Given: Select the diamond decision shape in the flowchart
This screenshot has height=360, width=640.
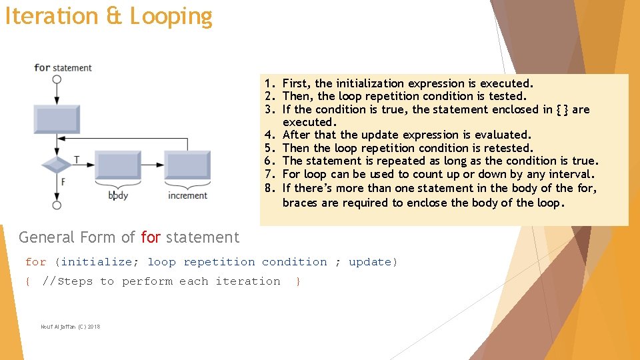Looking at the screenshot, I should coord(56,163).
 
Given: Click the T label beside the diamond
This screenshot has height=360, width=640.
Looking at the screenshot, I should coord(77,160).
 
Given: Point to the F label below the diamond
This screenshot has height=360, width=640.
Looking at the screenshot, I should coord(63,181).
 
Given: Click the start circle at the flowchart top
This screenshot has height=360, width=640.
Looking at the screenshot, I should coord(57,79).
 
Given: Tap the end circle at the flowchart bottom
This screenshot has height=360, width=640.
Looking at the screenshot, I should coord(57,205).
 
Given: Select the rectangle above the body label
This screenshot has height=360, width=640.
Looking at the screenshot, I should coord(118,165).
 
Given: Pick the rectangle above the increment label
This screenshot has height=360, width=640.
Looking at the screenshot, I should coord(187,165).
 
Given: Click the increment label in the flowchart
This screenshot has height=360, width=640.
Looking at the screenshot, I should coord(187,195).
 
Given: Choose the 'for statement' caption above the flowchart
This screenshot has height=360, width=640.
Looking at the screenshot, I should coord(63,67).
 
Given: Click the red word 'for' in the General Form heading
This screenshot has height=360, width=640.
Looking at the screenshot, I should coord(151,237).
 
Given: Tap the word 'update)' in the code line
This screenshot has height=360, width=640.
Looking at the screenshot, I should coord(373,262).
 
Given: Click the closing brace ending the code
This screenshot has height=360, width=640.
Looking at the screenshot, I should coord(298,282).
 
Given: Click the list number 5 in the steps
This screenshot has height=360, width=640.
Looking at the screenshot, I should coord(269,148).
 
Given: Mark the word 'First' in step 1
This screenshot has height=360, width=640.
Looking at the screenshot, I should coord(295,83).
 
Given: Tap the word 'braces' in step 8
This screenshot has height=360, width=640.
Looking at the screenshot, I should coord(300,202).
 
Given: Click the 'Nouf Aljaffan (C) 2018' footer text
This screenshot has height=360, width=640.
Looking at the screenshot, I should coord(70,326).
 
